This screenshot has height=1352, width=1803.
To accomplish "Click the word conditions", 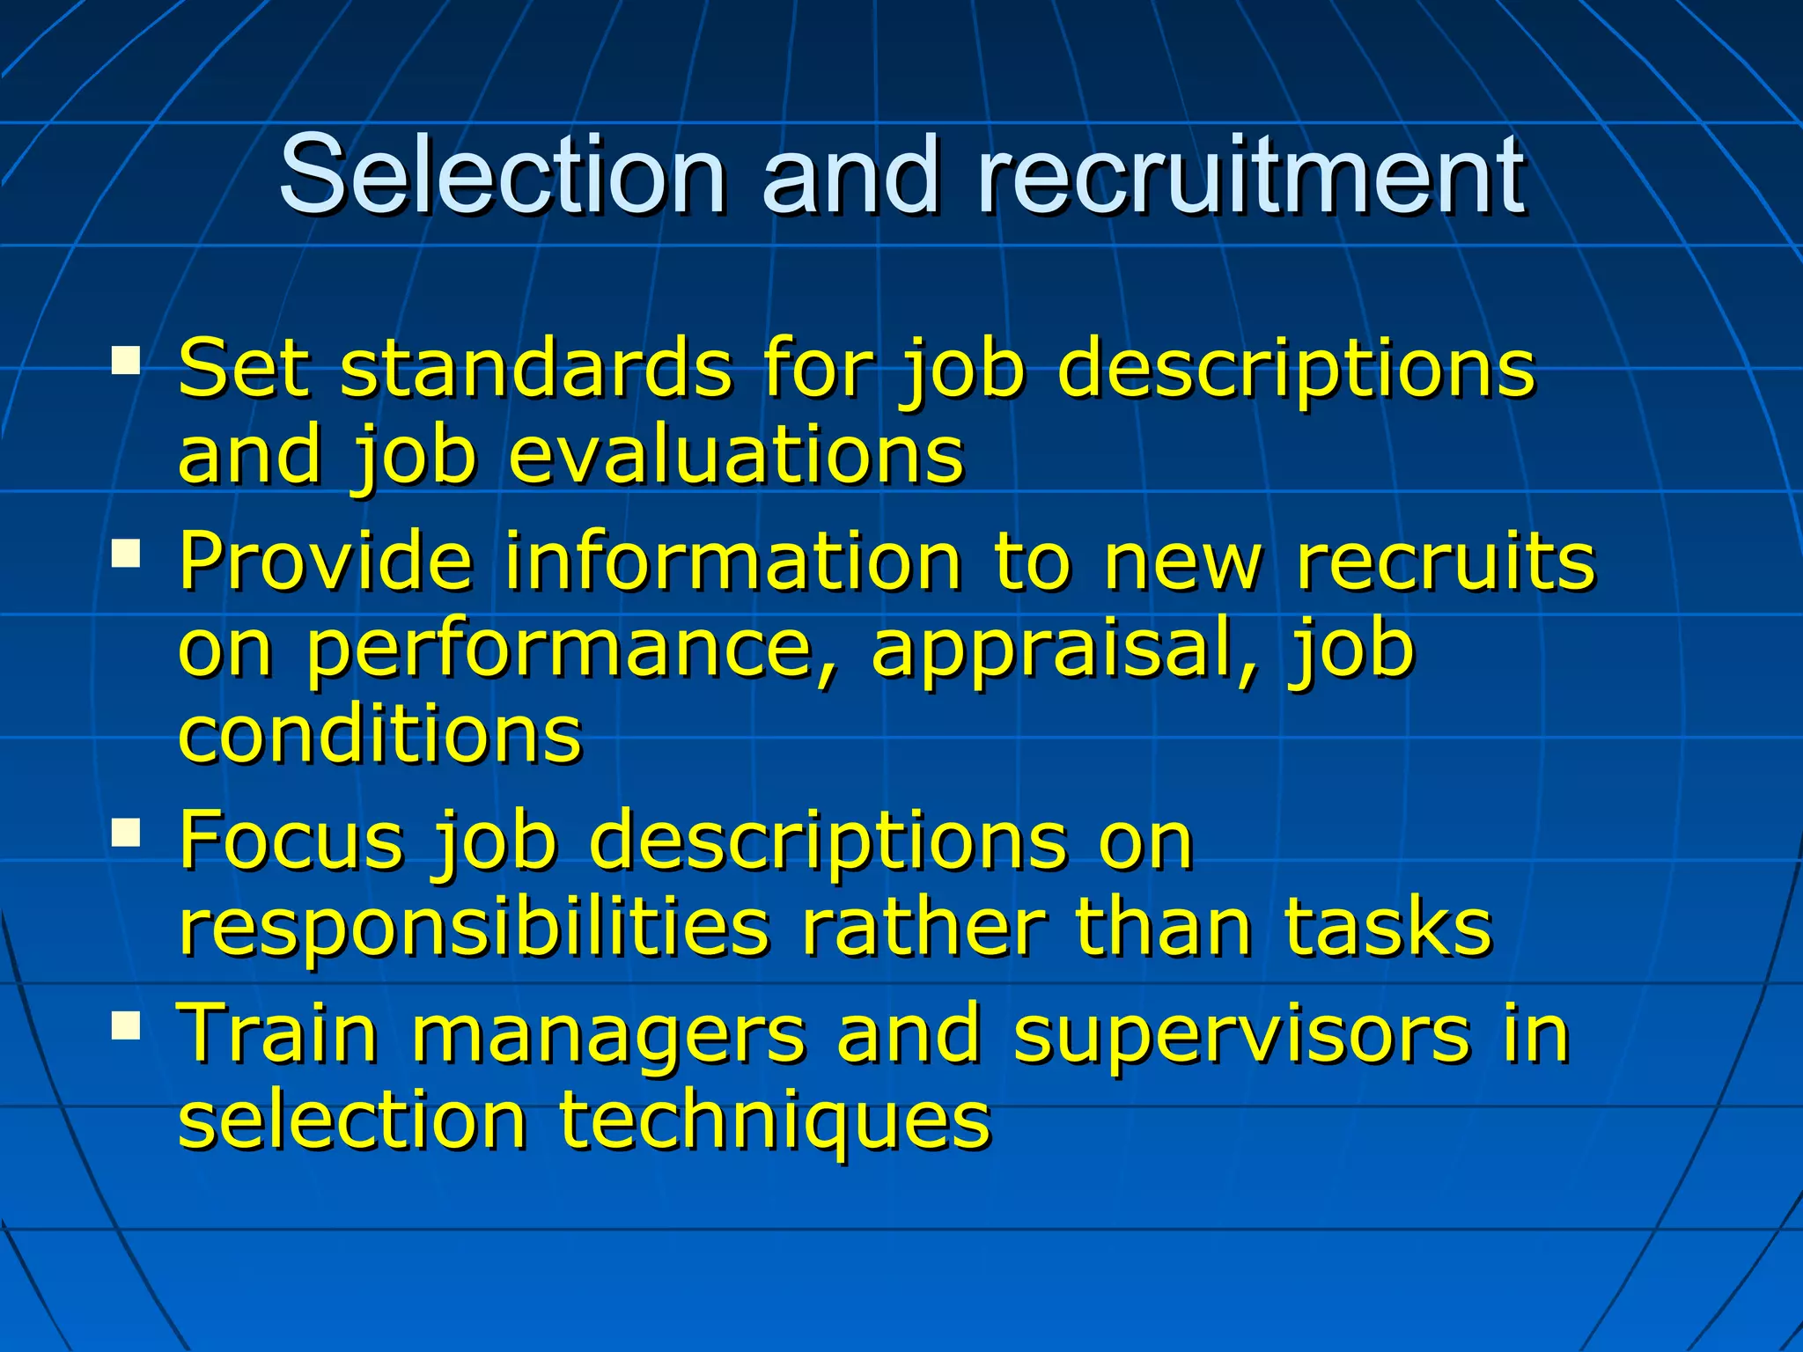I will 380,734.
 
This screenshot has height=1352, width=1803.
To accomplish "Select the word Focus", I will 291,841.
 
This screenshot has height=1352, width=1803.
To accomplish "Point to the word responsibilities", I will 474,929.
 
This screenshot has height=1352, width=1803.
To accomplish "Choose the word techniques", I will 776,1122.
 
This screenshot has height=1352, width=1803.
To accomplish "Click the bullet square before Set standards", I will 127,361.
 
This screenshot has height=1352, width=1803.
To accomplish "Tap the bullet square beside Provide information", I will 127,555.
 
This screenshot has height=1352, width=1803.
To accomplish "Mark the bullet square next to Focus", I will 127,833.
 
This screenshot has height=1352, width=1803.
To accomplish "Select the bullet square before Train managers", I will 127,1025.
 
